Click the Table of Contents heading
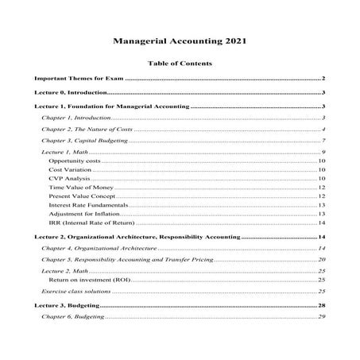pyautogui.click(x=180, y=63)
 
